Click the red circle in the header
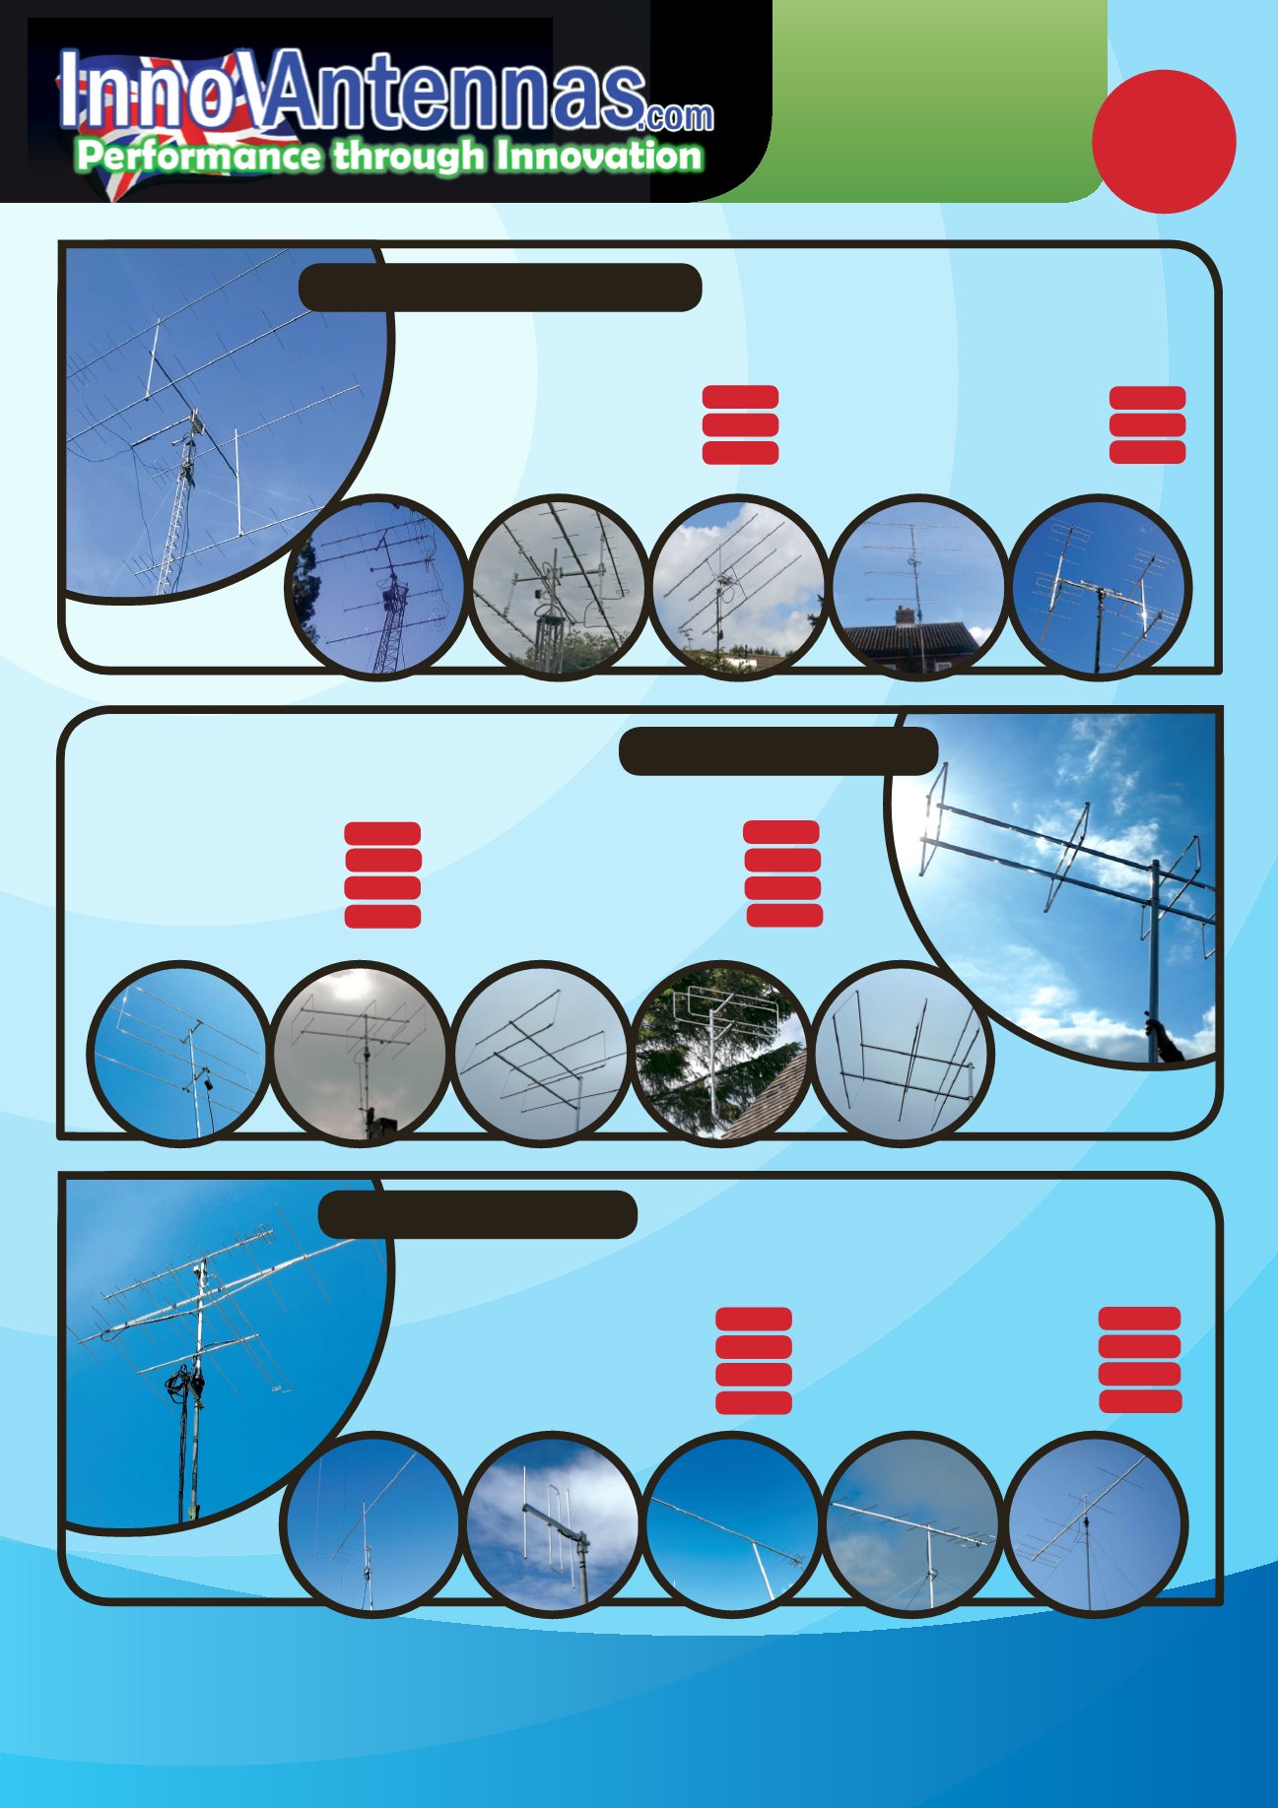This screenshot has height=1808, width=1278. (1164, 142)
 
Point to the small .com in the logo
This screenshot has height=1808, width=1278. (675, 117)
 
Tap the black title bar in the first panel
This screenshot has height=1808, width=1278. (500, 288)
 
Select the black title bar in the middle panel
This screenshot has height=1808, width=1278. (778, 751)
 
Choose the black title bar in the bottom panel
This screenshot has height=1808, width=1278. (478, 1214)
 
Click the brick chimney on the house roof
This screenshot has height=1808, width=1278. (905, 614)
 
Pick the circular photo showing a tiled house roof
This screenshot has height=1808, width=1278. (918, 587)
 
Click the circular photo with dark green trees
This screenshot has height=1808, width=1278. (720, 1052)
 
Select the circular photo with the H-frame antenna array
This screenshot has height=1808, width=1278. (1100, 587)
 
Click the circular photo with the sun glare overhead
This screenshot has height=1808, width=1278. (360, 1052)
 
